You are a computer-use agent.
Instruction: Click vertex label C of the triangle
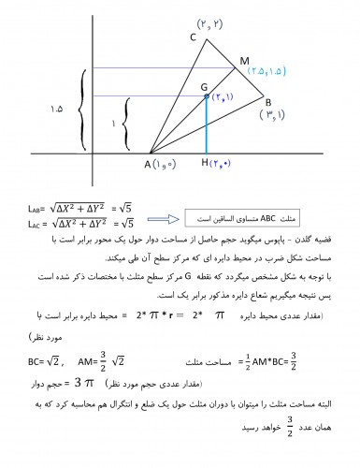[x=193, y=38]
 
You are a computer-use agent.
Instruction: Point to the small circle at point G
[x=206, y=95]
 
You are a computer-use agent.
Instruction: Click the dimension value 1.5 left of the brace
[x=56, y=110]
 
